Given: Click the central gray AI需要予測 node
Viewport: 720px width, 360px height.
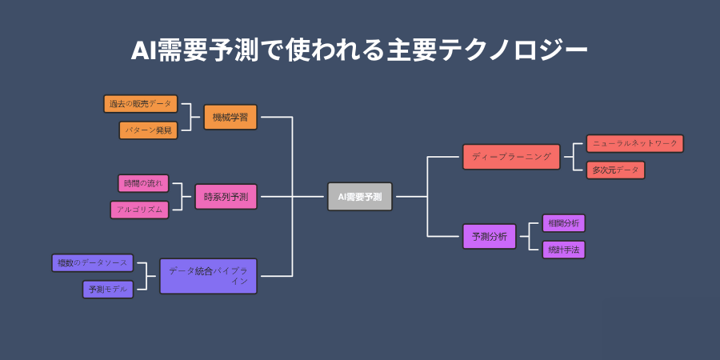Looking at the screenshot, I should tap(360, 196).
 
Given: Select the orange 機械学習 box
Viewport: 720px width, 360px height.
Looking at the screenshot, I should tap(230, 118).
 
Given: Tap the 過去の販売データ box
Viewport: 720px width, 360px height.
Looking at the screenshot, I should tap(141, 104).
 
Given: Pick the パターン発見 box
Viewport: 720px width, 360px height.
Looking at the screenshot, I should tap(149, 130).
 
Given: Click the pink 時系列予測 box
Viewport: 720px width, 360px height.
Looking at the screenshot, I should tap(226, 196).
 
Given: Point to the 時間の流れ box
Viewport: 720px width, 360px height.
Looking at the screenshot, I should tap(144, 183).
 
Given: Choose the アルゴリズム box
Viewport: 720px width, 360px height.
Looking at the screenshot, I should tap(139, 210).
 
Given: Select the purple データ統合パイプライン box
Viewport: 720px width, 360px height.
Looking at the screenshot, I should tap(208, 276).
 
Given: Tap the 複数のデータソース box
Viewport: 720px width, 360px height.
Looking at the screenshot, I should tap(92, 262).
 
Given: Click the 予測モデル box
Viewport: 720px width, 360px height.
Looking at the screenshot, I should tap(108, 290).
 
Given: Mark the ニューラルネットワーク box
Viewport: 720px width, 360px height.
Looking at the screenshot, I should tap(635, 143).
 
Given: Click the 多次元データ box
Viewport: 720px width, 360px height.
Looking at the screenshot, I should tap(615, 170).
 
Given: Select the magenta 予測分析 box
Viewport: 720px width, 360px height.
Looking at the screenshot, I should tap(490, 237).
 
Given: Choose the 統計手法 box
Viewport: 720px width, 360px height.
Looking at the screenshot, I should tap(564, 250).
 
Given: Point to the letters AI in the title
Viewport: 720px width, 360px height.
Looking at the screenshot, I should tap(144, 50).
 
